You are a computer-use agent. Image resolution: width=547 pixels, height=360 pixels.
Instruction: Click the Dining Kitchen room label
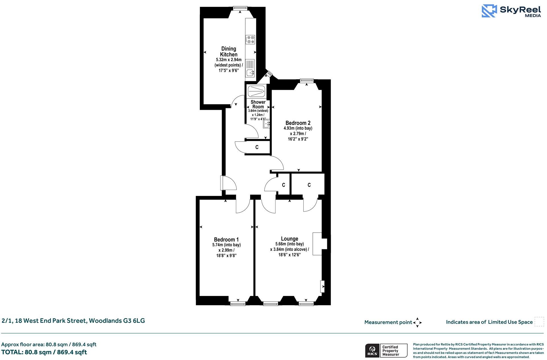coord(229,52)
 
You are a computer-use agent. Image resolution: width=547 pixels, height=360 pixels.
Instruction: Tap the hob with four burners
coord(250,40)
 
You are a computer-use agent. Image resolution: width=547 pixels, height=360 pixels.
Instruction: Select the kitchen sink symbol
coord(250,73)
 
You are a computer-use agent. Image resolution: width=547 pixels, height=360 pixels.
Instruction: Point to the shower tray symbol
coord(256,92)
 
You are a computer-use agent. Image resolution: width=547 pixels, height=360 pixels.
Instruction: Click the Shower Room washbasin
coord(266,124)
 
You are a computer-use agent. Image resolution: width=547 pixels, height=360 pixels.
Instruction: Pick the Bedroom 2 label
coord(298,123)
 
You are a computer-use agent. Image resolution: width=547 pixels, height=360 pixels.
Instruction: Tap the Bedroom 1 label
coord(226,239)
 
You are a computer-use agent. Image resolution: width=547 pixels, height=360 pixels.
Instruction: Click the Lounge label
coord(289,239)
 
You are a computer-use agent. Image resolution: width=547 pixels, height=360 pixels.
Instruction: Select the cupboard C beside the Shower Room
coord(257,147)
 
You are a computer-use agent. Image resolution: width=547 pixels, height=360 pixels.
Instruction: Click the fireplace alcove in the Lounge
coord(320,244)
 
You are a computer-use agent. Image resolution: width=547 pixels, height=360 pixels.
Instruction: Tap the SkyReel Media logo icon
coord(489,11)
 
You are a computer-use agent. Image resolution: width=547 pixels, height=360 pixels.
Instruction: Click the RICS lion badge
coord(372,351)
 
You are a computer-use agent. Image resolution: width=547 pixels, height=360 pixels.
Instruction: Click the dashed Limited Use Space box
coord(539,322)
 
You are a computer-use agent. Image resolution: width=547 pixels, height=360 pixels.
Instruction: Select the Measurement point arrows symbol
coord(417,322)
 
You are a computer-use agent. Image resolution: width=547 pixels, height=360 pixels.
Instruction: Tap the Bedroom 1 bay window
coord(238,303)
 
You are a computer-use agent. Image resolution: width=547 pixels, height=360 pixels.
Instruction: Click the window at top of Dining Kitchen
coord(240,9)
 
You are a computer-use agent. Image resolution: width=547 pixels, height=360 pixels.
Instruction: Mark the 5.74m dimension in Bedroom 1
coord(226,245)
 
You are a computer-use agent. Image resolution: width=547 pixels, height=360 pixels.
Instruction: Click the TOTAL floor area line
coord(44,352)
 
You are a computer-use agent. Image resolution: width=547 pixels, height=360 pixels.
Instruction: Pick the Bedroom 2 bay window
coord(307,81)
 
